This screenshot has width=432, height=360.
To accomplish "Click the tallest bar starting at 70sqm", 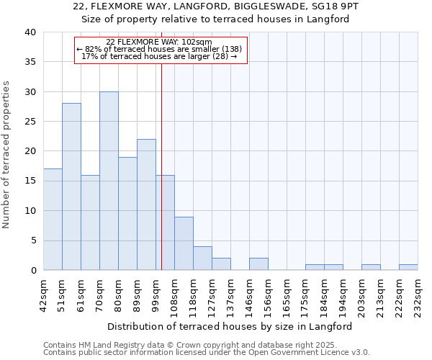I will click(x=109, y=181).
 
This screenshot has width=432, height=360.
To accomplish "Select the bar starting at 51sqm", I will click(x=71, y=186).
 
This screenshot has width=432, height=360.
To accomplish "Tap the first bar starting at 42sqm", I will click(x=53, y=220).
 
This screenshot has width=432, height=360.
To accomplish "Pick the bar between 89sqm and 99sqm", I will click(x=146, y=204).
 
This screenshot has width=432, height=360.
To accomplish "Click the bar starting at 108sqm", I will click(x=184, y=243).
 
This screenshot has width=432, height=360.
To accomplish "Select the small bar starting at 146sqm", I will click(x=258, y=264).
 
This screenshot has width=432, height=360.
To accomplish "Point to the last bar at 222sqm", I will click(x=408, y=267).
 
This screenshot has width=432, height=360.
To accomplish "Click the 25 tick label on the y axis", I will click(x=30, y=122).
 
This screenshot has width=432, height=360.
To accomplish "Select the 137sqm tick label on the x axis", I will click(x=230, y=294).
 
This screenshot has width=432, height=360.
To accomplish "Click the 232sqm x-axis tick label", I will click(x=418, y=294).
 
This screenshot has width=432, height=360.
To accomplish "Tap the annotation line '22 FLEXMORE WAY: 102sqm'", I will click(x=158, y=42).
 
